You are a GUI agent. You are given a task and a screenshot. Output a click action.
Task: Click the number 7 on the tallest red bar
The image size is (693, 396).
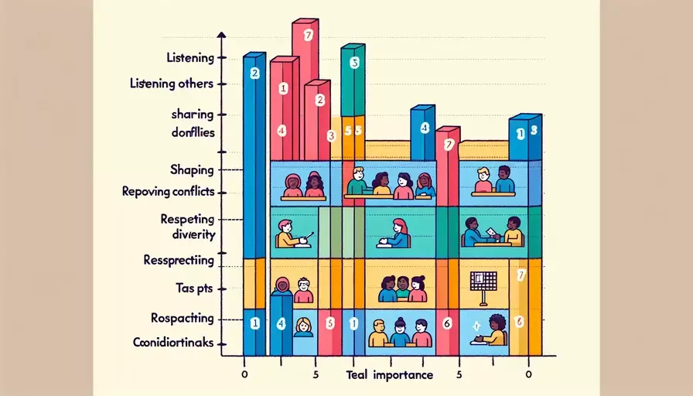click(308, 34)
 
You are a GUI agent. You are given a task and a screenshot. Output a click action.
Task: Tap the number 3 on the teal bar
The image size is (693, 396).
click(354, 63)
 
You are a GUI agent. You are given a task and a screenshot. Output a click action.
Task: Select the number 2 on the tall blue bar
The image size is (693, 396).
click(254, 73)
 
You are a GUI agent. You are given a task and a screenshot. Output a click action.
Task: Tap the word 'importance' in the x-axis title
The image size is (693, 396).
click(403, 375)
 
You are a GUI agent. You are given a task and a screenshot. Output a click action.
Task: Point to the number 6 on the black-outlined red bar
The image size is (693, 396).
click(446, 323)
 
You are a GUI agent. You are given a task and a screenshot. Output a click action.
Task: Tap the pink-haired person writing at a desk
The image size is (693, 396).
click(399, 232)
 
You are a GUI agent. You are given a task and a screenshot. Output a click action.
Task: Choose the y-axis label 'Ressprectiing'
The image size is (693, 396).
click(179, 260)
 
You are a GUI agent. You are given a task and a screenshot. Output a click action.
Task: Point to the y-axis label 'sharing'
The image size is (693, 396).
click(192, 114)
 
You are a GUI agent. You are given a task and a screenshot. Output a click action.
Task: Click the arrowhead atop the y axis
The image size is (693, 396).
click(222, 36)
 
